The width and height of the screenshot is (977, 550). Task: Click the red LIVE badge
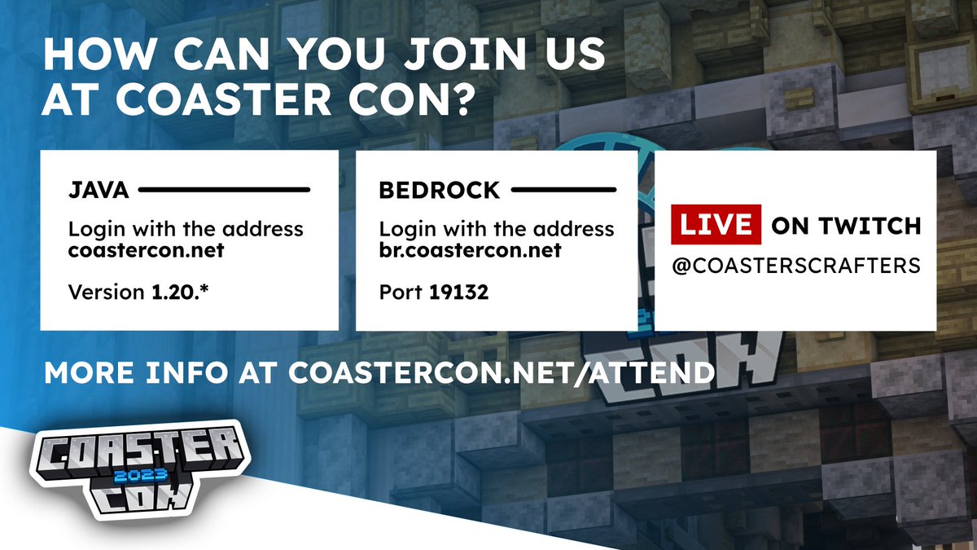(x=715, y=225)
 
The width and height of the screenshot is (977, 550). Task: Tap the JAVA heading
(x=98, y=191)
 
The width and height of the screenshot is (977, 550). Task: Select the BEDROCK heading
(x=439, y=191)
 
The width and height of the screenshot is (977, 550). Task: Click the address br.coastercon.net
(x=470, y=250)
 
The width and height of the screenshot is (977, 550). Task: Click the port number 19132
(x=458, y=292)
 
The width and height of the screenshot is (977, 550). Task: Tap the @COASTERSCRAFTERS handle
(x=795, y=266)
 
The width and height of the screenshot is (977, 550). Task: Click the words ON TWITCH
(x=845, y=226)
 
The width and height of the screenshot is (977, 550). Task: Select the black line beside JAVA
(x=224, y=191)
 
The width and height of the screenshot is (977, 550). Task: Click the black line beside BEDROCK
(x=563, y=191)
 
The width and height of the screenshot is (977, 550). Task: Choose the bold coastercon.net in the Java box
(x=146, y=250)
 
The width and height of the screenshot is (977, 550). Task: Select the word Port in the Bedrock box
(x=397, y=292)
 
